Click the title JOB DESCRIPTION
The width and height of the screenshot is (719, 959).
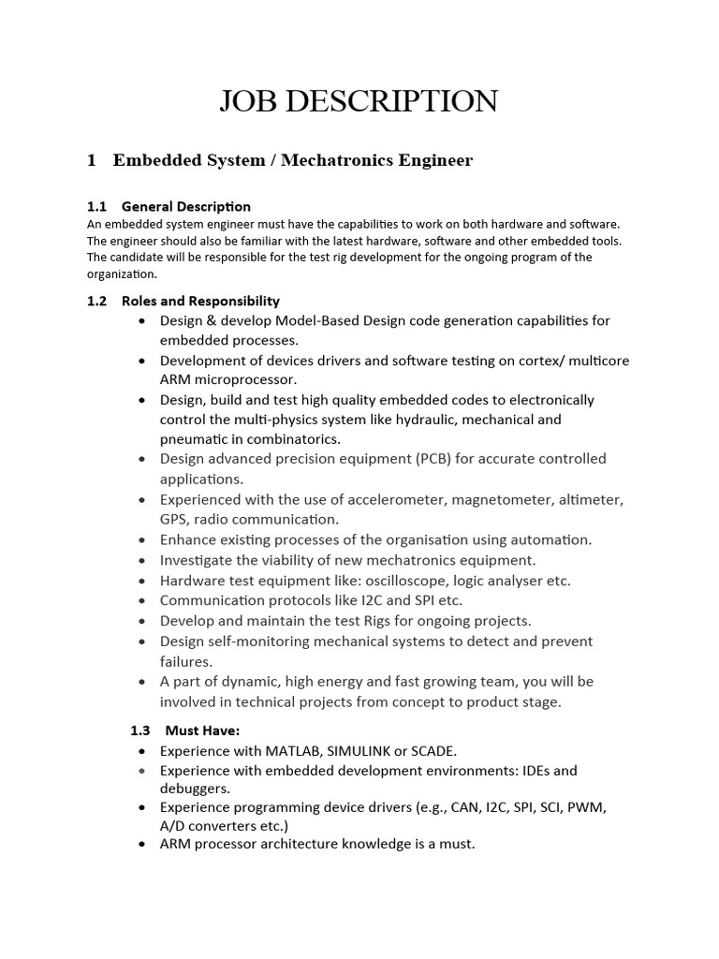click(359, 101)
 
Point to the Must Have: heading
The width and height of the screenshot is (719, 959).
click(203, 730)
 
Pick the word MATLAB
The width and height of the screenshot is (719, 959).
click(299, 751)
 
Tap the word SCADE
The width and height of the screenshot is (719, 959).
click(430, 751)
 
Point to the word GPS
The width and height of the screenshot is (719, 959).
click(175, 520)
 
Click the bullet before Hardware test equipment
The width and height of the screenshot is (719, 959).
click(141, 582)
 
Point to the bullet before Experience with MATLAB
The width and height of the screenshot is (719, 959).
click(141, 752)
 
